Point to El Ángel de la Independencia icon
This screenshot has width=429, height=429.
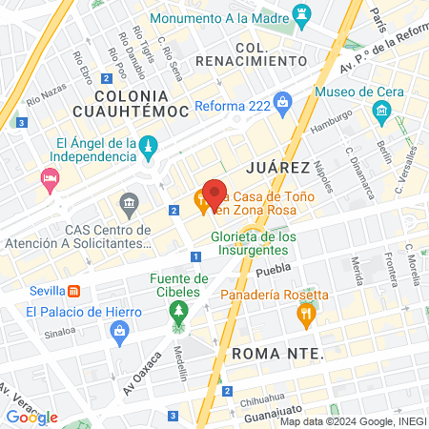tap(148, 146)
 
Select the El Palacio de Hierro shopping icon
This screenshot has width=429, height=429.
tap(120, 331)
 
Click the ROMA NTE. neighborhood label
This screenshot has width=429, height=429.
tap(277, 354)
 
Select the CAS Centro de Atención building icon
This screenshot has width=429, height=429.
tap(128, 204)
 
